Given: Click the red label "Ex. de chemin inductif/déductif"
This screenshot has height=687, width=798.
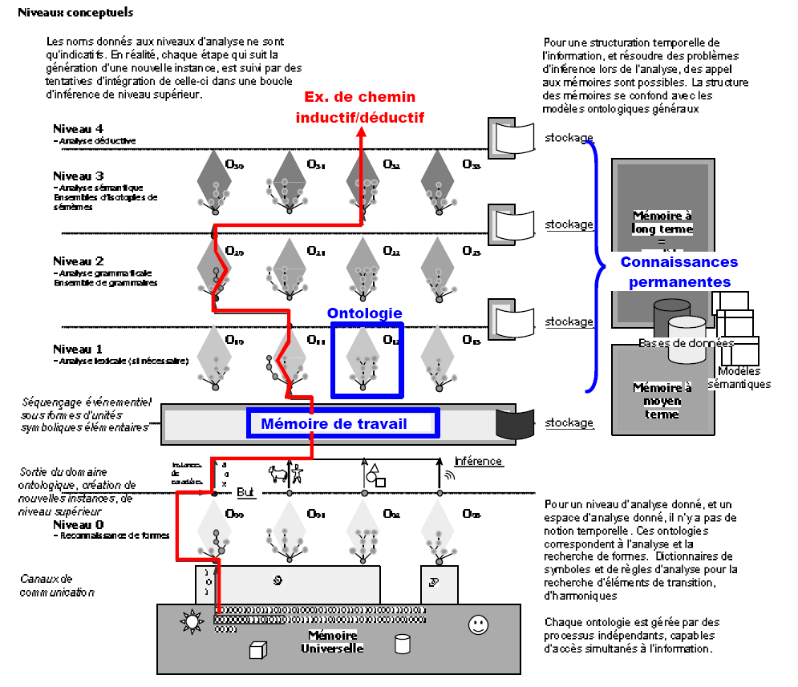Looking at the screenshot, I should point(359,107).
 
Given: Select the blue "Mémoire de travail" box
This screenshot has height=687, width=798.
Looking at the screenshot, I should point(343,423).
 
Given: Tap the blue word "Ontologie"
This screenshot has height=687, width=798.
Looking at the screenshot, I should point(365,313).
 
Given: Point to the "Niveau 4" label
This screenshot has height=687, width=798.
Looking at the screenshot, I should point(78,128).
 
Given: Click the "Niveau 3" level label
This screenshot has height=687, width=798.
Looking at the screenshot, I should point(78,176).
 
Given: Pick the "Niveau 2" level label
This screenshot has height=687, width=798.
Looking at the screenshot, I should point(78,261).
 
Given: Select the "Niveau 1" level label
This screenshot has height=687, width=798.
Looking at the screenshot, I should point(78,350).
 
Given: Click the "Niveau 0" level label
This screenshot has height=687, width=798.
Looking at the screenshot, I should point(78,524).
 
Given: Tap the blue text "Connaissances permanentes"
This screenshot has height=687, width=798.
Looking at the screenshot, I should point(679,272).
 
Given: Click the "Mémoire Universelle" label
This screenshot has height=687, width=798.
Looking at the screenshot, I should point(333,641).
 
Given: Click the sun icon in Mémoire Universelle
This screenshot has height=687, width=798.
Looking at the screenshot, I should point(192,622).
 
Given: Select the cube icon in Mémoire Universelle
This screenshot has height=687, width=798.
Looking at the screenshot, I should point(257,649).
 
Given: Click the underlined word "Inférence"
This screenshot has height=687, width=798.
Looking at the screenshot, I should point(478,461).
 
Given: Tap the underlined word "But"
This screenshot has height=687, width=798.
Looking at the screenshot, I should point(245,493).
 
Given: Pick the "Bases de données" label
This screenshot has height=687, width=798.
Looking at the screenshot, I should point(686,343).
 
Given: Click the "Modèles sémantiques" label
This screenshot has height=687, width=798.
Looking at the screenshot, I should point(739,377).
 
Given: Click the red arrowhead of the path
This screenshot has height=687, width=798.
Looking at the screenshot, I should point(360,132).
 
